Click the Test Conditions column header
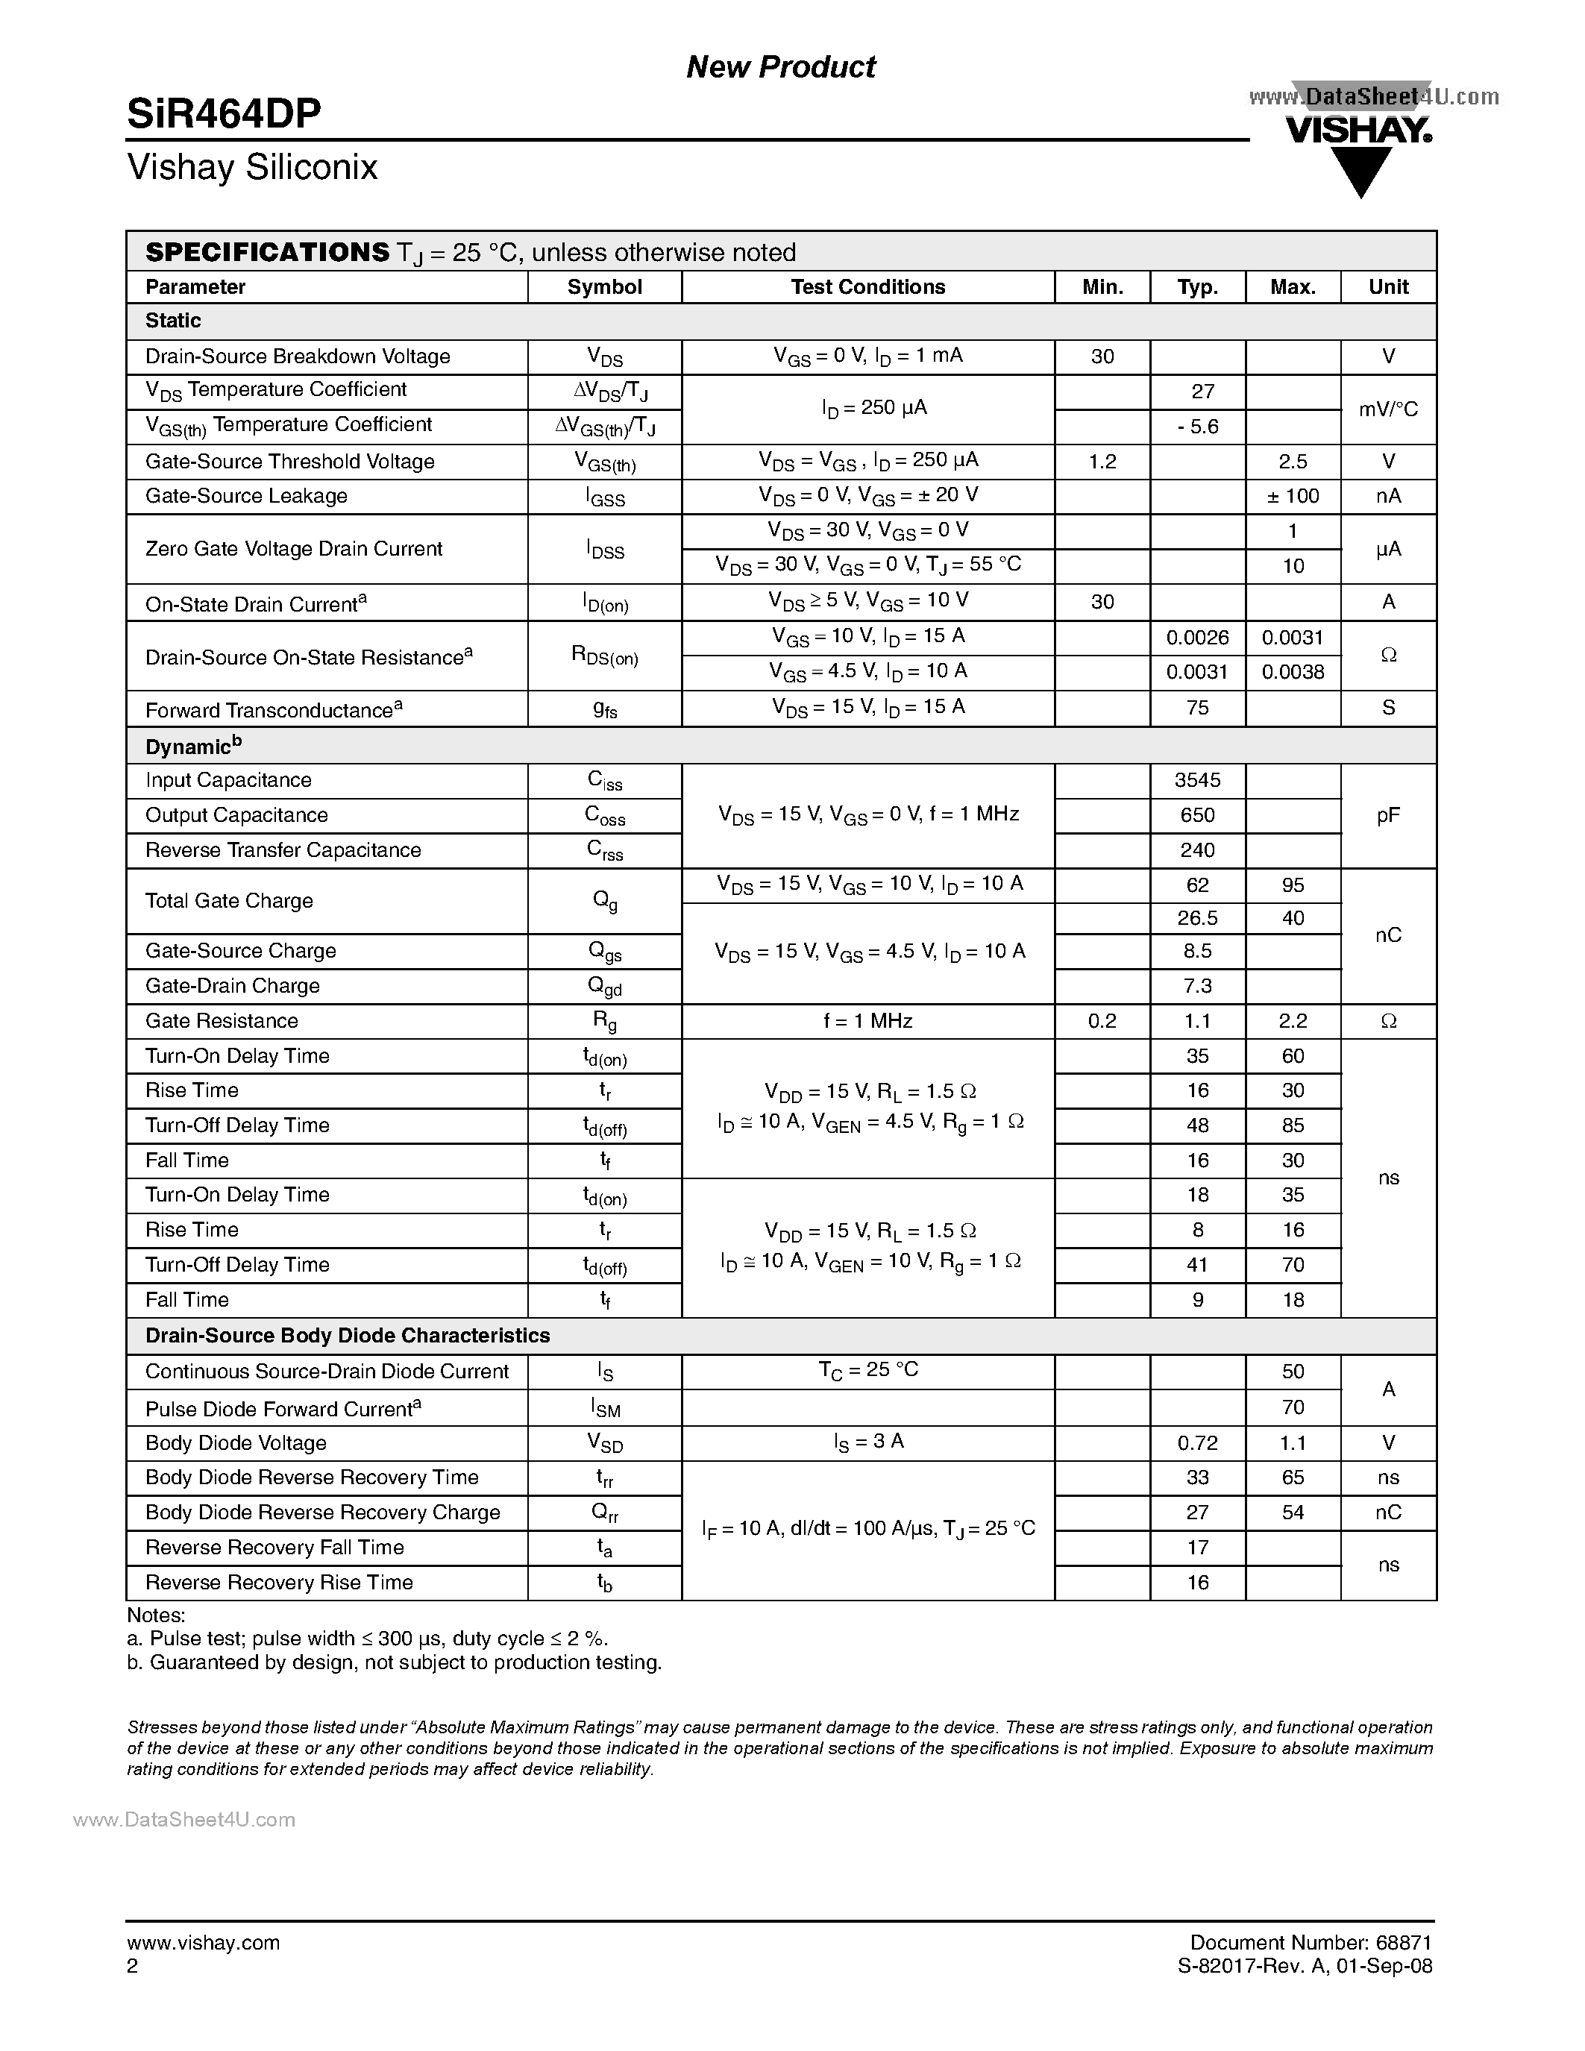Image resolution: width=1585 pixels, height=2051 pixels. click(x=867, y=287)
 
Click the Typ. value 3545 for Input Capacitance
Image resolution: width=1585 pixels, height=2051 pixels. click(x=1197, y=780)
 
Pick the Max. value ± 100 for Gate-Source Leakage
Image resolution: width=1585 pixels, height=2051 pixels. click(x=1292, y=496)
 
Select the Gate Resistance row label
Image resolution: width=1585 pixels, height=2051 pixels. click(x=222, y=1021)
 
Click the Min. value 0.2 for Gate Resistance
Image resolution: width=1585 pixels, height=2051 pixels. click(x=1102, y=1021)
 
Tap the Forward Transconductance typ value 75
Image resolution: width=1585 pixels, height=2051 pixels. click(x=1197, y=708)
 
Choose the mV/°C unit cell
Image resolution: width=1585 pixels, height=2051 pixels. click(x=1388, y=409)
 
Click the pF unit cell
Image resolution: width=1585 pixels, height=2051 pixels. click(x=1388, y=815)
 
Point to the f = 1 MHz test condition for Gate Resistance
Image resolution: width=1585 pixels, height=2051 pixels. click(x=867, y=1021)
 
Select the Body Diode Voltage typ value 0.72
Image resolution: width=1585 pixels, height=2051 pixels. click(x=1197, y=1442)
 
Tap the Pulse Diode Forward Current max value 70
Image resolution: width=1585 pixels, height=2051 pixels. click(x=1292, y=1407)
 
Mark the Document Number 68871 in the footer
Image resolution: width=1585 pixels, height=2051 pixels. click(x=1310, y=1942)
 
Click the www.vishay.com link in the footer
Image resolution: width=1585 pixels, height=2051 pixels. click(x=203, y=1942)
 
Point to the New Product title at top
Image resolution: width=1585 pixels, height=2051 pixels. click(x=780, y=66)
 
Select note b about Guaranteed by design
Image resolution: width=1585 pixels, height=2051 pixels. click(x=395, y=1662)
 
